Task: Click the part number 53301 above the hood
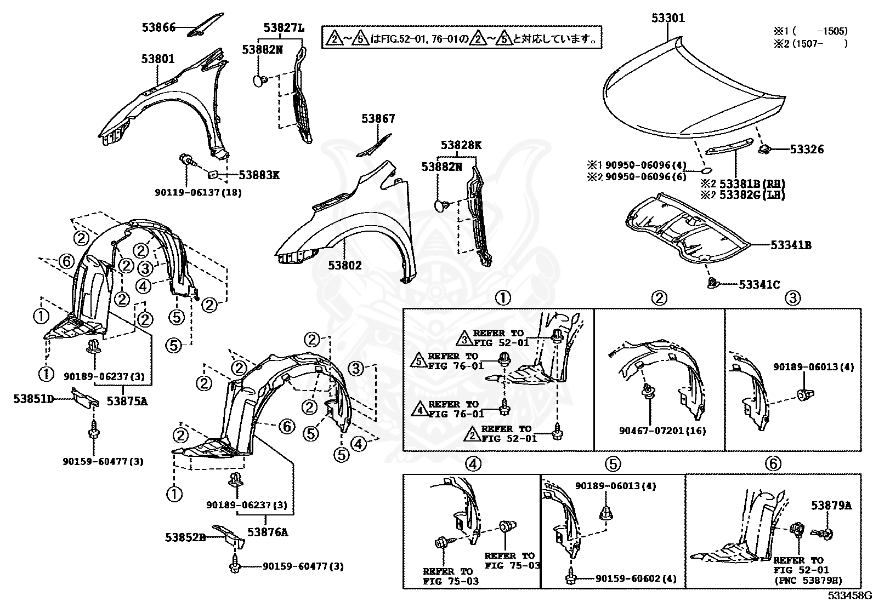(668, 18)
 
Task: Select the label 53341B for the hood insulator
(791, 245)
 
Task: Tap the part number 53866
(158, 27)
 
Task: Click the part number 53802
(345, 265)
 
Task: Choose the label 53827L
(283, 27)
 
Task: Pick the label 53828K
(461, 145)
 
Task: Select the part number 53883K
(259, 175)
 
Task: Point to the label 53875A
(127, 401)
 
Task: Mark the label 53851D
(34, 399)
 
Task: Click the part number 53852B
(185, 537)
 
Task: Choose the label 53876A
(268, 532)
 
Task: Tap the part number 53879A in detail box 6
(831, 505)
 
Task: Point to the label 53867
(378, 118)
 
